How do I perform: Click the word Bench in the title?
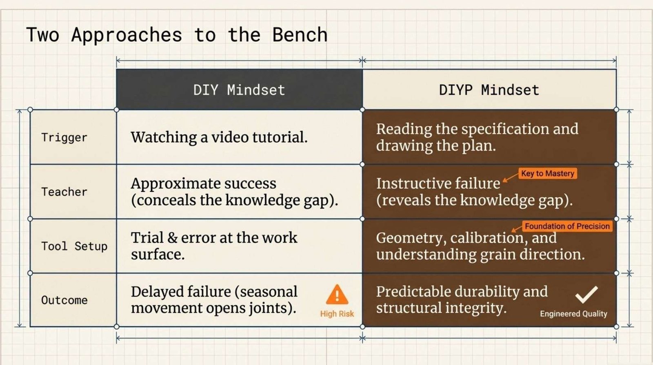[300, 35]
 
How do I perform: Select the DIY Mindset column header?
[239, 90]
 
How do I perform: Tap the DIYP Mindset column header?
[489, 90]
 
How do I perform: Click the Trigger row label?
[64, 137]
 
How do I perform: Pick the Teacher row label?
[64, 192]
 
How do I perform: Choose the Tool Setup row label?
[74, 246]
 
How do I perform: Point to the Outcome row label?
[64, 300]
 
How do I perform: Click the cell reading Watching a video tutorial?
[219, 137]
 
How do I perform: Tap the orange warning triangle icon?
[337, 295]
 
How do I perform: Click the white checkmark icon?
[586, 295]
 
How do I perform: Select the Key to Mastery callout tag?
[547, 173]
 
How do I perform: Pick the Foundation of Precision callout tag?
[567, 226]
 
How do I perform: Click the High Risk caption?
[337, 314]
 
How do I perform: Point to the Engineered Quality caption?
[573, 314]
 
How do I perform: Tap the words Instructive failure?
[438, 184]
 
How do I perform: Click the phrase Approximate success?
[204, 184]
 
